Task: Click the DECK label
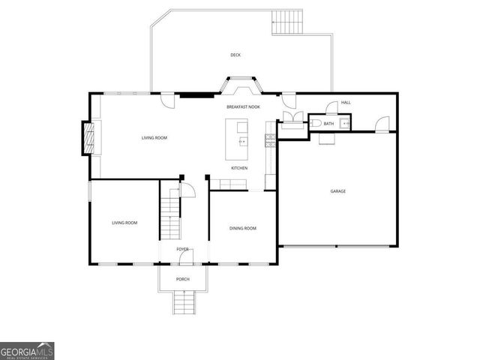pyautogui.click(x=235, y=55)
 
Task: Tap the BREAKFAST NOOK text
pyautogui.click(x=243, y=107)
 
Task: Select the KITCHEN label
pyautogui.click(x=239, y=168)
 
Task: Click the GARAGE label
pyautogui.click(x=338, y=191)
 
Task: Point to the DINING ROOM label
pyautogui.click(x=243, y=228)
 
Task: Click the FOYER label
pyautogui.click(x=182, y=249)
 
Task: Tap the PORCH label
pyautogui.click(x=183, y=279)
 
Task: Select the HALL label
pyautogui.click(x=346, y=102)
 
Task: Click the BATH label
pyautogui.click(x=329, y=124)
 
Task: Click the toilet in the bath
pyautogui.click(x=316, y=123)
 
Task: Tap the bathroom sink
pyautogui.click(x=344, y=123)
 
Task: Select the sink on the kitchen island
pyautogui.click(x=242, y=141)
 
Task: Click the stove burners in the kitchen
pyautogui.click(x=268, y=138)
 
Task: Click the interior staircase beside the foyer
pyautogui.click(x=172, y=213)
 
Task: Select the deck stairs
pyautogui.click(x=288, y=22)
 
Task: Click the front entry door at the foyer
pyautogui.click(x=185, y=257)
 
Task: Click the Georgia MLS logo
pyautogui.click(x=27, y=350)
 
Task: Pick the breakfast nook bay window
pyautogui.click(x=240, y=85)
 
